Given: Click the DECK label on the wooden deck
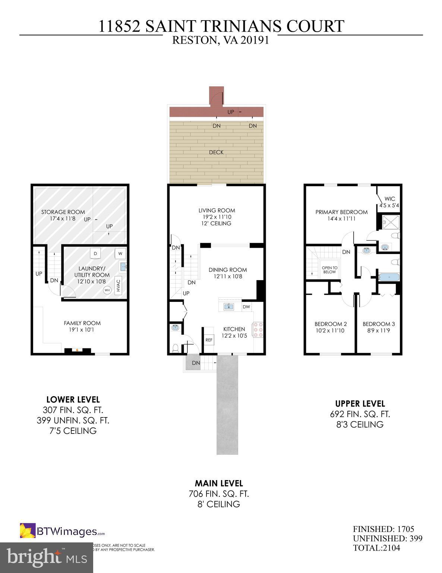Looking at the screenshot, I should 216,152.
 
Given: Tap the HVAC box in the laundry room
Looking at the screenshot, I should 119,286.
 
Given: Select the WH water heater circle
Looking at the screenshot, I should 107,290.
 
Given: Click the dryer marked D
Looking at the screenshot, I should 95,254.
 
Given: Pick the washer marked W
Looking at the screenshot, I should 120,254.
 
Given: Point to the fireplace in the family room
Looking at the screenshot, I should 78,350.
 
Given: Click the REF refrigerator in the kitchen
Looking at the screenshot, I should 209,340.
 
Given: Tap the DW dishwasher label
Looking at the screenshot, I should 246,307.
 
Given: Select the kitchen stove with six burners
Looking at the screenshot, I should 258,330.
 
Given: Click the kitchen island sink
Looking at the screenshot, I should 228,306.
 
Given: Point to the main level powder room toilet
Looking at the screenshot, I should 176,348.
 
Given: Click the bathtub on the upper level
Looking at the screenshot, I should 389,277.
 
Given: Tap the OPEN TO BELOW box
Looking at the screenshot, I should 329,270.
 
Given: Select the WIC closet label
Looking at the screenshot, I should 389,199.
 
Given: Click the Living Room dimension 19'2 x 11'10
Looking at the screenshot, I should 217,217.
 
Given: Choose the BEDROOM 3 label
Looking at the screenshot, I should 379,324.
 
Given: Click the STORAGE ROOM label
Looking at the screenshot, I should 63,212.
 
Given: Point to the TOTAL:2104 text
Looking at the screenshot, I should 376,548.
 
